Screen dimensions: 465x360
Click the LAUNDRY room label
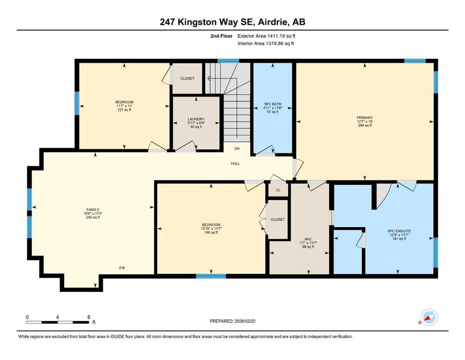[x=196, y=119]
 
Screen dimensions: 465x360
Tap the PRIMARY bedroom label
[x=365, y=118]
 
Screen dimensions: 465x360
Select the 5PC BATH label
[x=273, y=104]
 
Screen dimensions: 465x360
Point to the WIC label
[x=308, y=239]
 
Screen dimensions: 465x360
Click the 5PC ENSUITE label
[x=399, y=231]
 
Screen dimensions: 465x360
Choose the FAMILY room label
[x=93, y=210]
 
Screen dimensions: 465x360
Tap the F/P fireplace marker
[x=122, y=268]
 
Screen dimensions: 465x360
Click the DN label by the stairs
[x=237, y=149]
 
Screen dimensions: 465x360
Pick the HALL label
[x=236, y=164]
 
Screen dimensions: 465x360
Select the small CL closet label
[x=278, y=190]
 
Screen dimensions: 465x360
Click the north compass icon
[x=429, y=317]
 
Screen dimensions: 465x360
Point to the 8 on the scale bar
[x=89, y=317]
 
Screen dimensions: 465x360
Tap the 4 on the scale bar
[x=58, y=317]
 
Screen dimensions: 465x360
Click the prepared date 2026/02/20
[x=245, y=321]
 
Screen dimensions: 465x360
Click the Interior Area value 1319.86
[x=276, y=43]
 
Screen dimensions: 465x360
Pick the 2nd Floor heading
[x=221, y=36]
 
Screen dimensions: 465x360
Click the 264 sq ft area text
[x=365, y=125]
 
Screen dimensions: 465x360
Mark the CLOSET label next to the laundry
[x=187, y=78]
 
